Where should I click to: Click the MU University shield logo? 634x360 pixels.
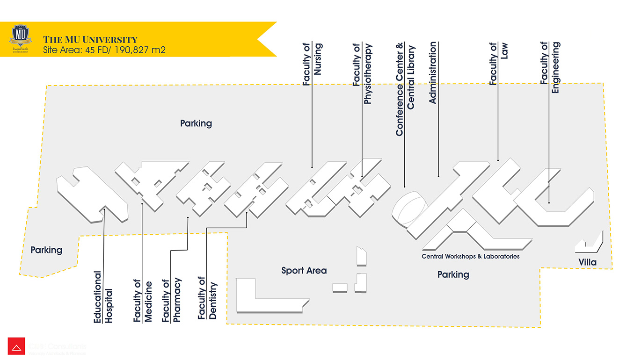[x=21, y=39]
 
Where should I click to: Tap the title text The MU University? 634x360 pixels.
[x=90, y=39]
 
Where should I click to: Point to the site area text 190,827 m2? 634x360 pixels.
[x=104, y=50]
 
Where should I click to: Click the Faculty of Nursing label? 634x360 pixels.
[x=312, y=64]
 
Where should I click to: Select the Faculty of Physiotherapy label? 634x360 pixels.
[x=363, y=73]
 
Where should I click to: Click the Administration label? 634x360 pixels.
[x=432, y=72]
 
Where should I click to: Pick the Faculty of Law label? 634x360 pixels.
[x=498, y=64]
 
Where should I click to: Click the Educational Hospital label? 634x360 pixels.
[x=103, y=297]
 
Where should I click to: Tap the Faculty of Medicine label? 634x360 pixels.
[x=143, y=301]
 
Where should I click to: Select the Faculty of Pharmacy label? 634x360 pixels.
[x=171, y=301]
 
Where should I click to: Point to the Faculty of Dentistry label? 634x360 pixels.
[x=207, y=298]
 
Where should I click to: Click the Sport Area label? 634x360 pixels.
[x=304, y=271]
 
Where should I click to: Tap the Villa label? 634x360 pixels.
[x=587, y=262]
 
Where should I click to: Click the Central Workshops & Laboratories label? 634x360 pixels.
[x=470, y=256]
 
